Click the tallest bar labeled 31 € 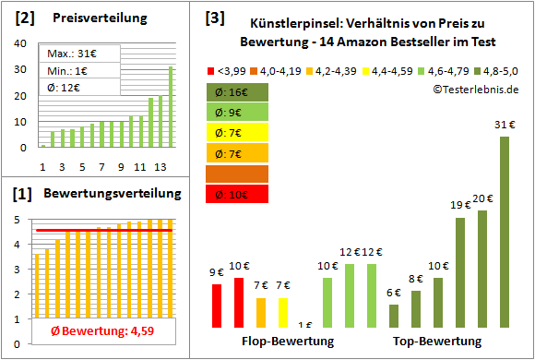click(505, 231)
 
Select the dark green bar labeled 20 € click(482, 269)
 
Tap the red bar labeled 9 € click(217, 306)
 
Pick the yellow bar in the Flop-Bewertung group click(283, 312)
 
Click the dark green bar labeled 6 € click(394, 316)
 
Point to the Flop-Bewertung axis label click(287, 342)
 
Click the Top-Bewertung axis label click(437, 342)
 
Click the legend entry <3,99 click(226, 70)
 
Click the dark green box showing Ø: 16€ click(238, 92)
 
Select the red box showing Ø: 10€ click(238, 194)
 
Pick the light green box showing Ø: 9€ click(238, 113)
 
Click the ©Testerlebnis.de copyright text click(474, 89)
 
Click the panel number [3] click(215, 18)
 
